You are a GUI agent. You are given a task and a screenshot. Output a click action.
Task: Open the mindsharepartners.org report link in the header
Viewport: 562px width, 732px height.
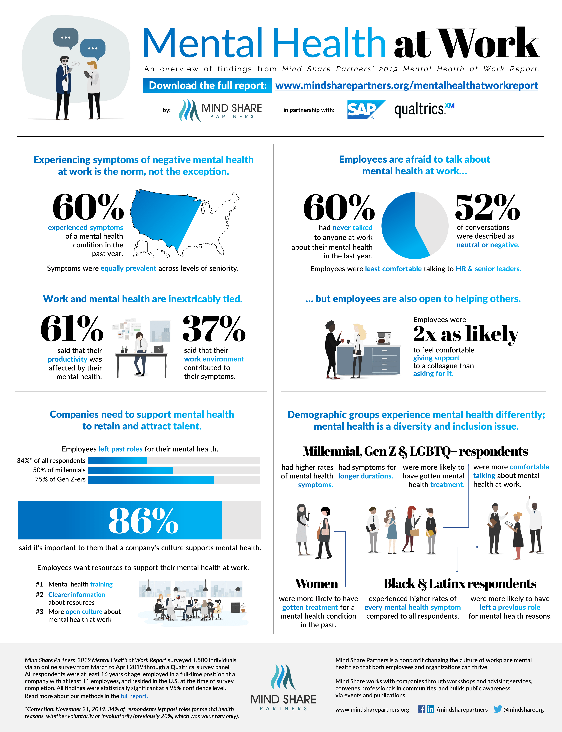pyautogui.click(x=406, y=86)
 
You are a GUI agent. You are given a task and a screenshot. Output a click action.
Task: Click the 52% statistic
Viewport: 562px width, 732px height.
pyautogui.click(x=487, y=207)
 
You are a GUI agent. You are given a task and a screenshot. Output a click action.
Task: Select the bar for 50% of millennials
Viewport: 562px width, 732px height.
pyautogui.click(x=174, y=470)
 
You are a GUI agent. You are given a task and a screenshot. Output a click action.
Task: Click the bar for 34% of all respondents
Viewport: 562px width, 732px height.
pyautogui.click(x=174, y=461)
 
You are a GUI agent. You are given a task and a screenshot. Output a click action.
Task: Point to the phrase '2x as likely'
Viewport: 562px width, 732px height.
pyautogui.click(x=466, y=334)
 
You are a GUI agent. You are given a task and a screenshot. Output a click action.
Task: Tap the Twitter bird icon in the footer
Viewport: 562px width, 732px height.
pyautogui.click(x=497, y=709)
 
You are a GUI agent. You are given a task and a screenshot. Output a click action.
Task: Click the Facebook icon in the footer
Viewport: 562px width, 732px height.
pyautogui.click(x=421, y=709)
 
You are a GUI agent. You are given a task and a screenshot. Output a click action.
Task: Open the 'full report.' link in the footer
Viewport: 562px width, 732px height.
pyautogui.click(x=134, y=696)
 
